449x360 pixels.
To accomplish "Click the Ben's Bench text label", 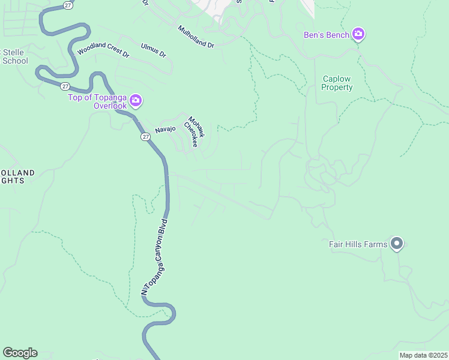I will pos(329,35).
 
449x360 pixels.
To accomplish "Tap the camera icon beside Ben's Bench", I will pos(358,34).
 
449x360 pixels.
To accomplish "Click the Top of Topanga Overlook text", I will pos(97,102).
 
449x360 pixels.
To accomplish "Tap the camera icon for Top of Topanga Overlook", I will pos(136,101).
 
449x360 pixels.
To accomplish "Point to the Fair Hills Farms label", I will pos(358,244).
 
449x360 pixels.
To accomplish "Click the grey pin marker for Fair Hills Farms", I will pos(396,244).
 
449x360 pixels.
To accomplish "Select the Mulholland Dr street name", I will pos(196,37).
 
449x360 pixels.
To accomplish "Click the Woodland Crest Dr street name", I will pos(103,53).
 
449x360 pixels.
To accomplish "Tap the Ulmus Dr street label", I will pos(153,50).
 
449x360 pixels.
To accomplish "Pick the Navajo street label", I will pos(165,130).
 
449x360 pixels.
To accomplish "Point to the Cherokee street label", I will pos(190,135).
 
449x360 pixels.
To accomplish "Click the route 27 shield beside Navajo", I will pos(146,137).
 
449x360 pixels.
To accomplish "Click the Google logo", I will pos(20,353).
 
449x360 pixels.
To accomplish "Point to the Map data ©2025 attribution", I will pos(423,355).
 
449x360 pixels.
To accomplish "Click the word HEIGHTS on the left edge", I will pos(12,180).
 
